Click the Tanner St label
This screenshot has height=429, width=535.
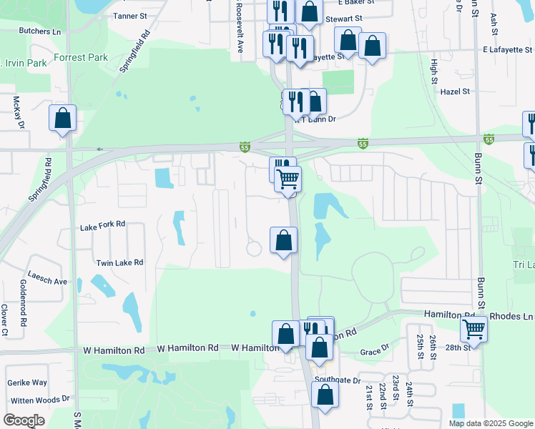(x=129, y=15)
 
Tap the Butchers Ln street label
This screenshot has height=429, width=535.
(x=40, y=31)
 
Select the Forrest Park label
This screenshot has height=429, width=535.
(x=79, y=57)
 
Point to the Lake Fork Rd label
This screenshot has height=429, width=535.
(x=102, y=225)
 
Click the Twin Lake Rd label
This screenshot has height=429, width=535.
(x=119, y=262)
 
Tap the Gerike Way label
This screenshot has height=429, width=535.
(x=27, y=383)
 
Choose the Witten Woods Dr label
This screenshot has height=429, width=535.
(x=40, y=398)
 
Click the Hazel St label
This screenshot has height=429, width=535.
(x=455, y=92)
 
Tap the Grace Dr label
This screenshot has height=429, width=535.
(x=374, y=351)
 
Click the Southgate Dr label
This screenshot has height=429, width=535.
(x=338, y=380)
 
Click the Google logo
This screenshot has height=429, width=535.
(x=24, y=420)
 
